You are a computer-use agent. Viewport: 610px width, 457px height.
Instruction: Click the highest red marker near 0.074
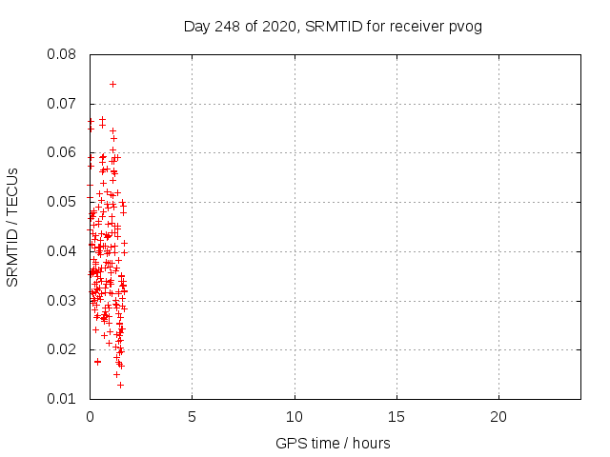(112, 84)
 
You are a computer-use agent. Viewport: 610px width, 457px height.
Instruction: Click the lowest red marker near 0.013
(120, 385)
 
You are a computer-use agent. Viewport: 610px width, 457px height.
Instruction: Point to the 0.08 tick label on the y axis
(62, 54)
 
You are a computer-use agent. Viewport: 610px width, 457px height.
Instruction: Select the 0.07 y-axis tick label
(62, 104)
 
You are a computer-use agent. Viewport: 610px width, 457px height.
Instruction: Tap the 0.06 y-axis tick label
(62, 152)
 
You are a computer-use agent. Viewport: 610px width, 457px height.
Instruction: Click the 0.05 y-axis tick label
(62, 202)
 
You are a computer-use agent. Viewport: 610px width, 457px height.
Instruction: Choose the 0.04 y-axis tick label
(62, 251)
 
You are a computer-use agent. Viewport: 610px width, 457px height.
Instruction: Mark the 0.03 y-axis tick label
(62, 301)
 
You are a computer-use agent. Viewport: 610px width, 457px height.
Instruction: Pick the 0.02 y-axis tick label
(62, 349)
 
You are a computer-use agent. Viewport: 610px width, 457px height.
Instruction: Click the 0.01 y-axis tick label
(62, 399)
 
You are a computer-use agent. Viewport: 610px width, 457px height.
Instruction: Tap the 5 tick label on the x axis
(192, 417)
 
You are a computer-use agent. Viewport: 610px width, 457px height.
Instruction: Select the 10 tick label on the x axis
(295, 417)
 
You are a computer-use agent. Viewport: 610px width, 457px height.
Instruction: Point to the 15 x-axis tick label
(396, 417)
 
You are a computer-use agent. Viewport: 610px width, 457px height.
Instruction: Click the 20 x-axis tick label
(498, 417)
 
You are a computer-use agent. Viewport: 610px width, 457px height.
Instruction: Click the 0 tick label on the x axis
(90, 417)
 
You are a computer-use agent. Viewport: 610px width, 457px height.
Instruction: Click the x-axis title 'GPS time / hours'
(333, 443)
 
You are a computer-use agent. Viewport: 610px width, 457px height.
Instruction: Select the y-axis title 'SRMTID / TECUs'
(13, 227)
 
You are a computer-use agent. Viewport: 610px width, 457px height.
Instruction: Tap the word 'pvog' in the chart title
(466, 26)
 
